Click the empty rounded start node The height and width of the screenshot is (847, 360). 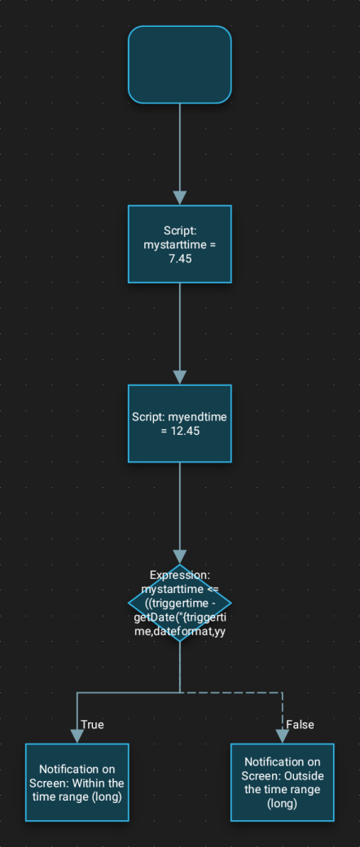point(180,65)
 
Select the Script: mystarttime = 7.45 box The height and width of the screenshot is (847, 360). point(180,244)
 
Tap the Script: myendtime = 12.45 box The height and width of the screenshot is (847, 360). point(180,423)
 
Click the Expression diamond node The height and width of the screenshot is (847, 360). point(180,603)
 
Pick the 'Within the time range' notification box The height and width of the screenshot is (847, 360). point(77,782)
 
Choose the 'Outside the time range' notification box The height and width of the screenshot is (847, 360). point(283,782)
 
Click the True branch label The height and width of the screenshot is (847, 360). point(92,724)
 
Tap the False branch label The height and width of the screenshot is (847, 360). point(300,724)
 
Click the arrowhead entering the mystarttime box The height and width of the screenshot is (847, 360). point(180,198)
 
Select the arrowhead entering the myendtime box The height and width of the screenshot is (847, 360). point(180,377)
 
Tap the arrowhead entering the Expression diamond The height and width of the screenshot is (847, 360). point(180,556)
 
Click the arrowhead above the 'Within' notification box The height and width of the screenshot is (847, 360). point(77,735)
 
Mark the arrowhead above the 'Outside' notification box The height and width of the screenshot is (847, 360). point(283,735)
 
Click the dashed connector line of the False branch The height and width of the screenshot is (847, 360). point(236,692)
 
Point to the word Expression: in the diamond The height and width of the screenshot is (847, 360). point(180,575)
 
